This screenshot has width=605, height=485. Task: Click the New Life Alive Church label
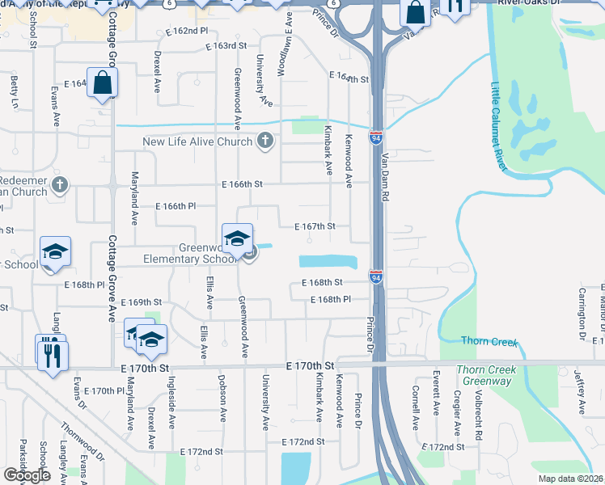click(197, 142)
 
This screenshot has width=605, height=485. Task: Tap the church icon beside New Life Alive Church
click(264, 142)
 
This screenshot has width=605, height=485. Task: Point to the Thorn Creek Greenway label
click(486, 377)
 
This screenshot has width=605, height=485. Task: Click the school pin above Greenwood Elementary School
click(237, 238)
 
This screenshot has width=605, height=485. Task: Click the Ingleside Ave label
click(171, 405)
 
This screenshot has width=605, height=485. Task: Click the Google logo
click(27, 475)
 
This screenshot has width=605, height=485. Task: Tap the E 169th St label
click(142, 302)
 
